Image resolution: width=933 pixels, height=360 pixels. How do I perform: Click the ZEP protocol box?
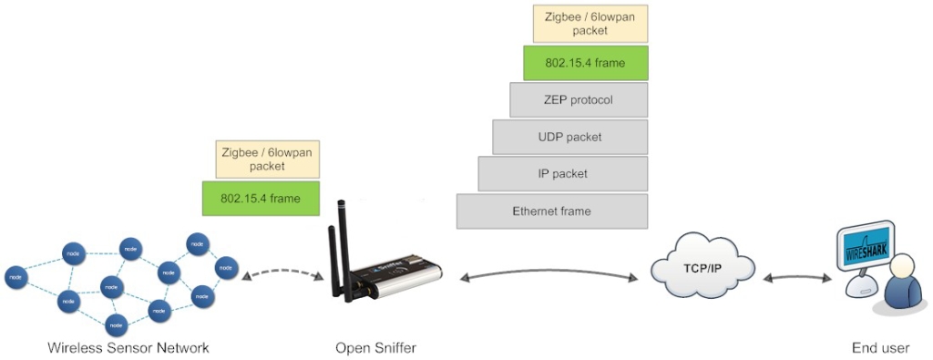579,99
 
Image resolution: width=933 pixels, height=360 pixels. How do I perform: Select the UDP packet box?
569,137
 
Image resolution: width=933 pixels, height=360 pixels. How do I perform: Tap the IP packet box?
562,173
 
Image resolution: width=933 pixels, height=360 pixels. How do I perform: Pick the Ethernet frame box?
551,211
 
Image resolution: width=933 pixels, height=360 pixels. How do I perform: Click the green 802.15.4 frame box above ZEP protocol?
585,63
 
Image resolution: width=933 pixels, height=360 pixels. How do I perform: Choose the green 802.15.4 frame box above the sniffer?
261,198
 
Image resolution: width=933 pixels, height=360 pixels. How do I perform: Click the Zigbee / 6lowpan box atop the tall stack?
590,24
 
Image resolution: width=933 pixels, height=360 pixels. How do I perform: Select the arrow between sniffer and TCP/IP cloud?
546,273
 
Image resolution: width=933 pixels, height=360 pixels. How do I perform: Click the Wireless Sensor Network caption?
128,347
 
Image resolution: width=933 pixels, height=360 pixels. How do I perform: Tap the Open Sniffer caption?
375,347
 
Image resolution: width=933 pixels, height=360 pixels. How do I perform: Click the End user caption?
880,347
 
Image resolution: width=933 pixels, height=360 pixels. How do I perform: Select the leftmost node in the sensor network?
15,276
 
